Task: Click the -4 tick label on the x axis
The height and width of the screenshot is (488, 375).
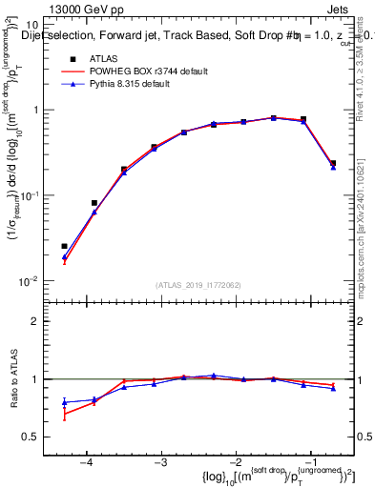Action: coord(86,462)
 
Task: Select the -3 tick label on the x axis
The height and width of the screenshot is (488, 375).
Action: coord(160,462)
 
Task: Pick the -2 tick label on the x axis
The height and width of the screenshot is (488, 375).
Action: coord(236,462)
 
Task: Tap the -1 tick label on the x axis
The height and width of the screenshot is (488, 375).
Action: coord(310,462)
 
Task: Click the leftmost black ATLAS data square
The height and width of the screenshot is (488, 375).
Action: coord(64,246)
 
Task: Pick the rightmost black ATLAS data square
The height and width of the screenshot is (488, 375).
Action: coord(333,163)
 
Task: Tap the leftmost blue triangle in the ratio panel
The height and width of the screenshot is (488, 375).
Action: coord(64,402)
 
